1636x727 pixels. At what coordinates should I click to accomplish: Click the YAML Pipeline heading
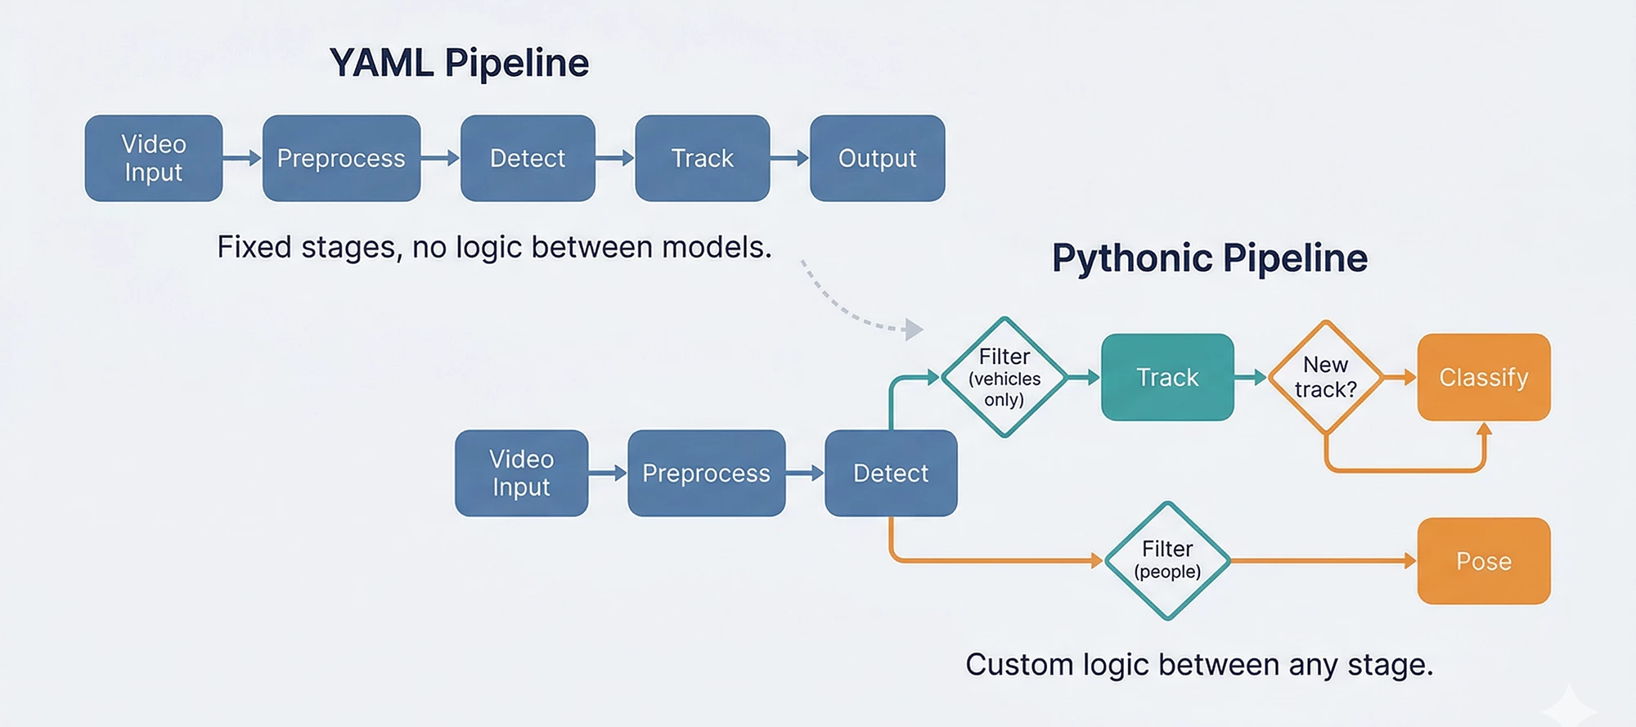(459, 63)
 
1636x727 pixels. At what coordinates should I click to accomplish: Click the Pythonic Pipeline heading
(1209, 258)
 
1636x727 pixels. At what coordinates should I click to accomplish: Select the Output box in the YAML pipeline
(877, 158)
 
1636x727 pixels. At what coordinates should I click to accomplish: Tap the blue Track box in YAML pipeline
(702, 158)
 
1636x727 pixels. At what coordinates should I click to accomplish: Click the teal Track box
(1167, 377)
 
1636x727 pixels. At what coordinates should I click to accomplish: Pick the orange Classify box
(1483, 377)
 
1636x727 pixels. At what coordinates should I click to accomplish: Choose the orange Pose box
(1483, 561)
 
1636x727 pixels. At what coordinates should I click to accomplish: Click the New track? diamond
(1325, 377)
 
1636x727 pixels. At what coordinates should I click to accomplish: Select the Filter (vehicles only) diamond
(1004, 377)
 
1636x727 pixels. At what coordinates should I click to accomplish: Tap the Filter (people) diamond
(1167, 561)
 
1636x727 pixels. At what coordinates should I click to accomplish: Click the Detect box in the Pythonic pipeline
(891, 473)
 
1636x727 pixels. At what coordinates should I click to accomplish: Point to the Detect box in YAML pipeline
(528, 158)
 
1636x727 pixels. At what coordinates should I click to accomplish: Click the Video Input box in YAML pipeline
(154, 158)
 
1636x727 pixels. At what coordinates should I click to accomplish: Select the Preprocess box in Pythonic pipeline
(706, 473)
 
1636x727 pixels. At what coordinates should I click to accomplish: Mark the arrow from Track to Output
(789, 158)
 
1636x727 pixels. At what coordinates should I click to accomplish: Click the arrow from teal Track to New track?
(1250, 377)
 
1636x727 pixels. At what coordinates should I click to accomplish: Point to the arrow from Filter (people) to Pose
(1321, 561)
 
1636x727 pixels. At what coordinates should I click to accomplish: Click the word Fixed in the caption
(254, 247)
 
